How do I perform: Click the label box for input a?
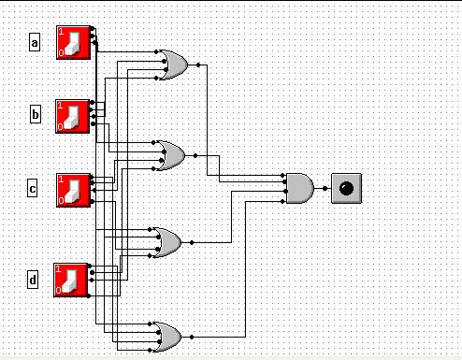point(35,42)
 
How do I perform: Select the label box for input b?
point(36,114)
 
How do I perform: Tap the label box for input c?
point(32,188)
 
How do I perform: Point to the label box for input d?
point(33,280)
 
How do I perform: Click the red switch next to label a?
point(74,42)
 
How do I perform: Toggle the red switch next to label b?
point(73,116)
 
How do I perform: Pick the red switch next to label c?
point(74,190)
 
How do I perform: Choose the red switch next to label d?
point(71,280)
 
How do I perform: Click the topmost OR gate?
point(173,65)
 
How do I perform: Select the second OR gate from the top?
point(170,155)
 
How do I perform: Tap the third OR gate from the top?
point(167,242)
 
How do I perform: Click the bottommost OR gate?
point(167,337)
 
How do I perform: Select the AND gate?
point(300,188)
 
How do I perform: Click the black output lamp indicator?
point(346,188)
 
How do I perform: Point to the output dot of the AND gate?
point(325,188)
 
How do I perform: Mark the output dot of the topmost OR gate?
point(198,65)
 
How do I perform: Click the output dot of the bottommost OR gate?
point(192,337)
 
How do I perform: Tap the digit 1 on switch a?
point(61,32)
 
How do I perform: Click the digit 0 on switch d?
point(58,291)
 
